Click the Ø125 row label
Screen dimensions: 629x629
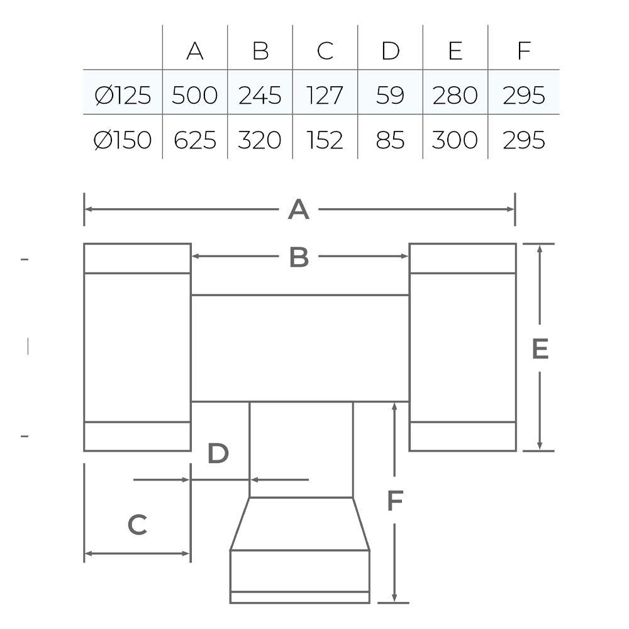coord(123,96)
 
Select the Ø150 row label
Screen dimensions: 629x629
coord(123,140)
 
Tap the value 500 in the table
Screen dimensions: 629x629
coord(194,96)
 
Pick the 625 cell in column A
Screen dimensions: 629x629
coord(195,140)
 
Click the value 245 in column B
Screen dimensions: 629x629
coord(260,96)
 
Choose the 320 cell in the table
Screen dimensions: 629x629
coord(260,140)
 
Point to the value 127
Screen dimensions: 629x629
coord(325,96)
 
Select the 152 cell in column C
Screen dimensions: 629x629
coord(325,140)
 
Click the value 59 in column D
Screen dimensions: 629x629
coord(390,96)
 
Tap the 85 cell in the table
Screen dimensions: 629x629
coord(390,140)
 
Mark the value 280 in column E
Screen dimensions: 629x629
coord(455,96)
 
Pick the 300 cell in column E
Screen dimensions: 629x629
coord(455,140)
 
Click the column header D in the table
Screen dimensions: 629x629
coord(391,51)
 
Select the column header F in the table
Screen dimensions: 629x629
coord(524,51)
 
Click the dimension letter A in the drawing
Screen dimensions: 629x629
coord(298,210)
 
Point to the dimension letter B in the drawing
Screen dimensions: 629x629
coord(299,257)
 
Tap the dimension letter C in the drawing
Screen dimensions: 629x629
coord(137,525)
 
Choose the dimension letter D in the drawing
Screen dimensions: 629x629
coord(218,454)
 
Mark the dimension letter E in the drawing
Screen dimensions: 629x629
coord(540,348)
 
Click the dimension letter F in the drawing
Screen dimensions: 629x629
coord(395,501)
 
